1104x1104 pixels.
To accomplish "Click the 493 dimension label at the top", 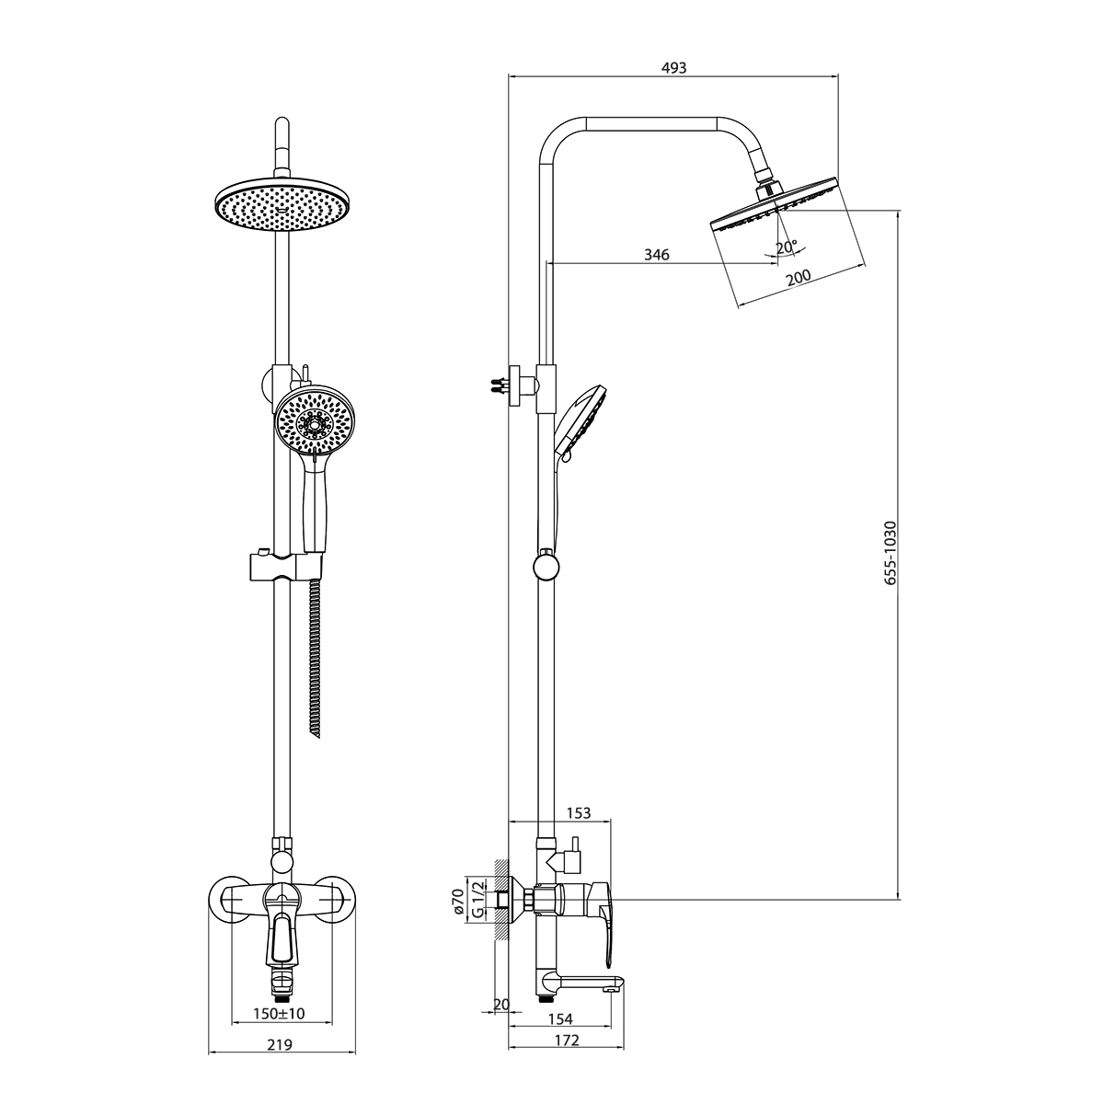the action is coord(673,67).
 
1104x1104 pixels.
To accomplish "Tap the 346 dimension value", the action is coord(657,254).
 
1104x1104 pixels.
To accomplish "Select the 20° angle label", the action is coord(787,247).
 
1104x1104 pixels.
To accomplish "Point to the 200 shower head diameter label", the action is coord(798,277).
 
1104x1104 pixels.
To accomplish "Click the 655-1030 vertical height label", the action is coord(890,552).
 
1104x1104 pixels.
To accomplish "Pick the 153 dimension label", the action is coord(578,813).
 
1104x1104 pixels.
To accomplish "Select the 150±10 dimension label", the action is coord(279,1014).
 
